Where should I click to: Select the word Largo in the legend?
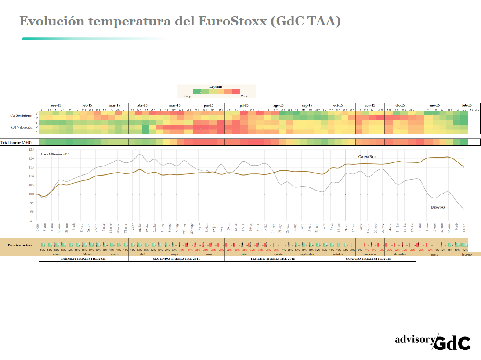188,95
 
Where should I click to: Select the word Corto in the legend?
244,95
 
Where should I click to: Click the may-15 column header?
175,105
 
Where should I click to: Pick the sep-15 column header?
307,105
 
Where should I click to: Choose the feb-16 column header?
466,105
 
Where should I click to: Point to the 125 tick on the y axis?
31,149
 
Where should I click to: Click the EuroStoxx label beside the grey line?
438,206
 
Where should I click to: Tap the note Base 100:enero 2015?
55,154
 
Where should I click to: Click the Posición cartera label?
19,244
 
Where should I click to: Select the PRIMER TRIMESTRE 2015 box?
83,259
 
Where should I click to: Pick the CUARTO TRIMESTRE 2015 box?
368,259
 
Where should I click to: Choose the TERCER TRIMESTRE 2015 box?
272,259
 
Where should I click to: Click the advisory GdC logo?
433,341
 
